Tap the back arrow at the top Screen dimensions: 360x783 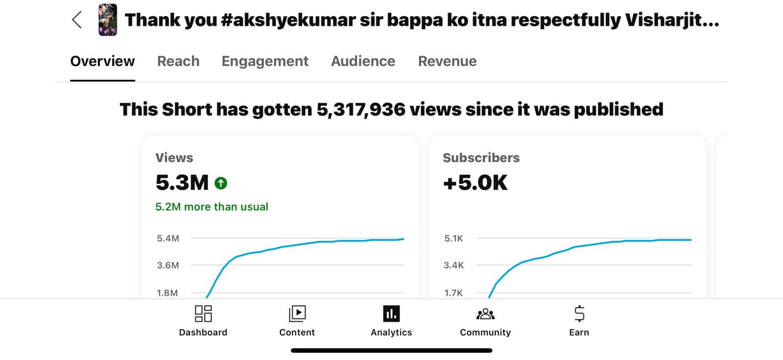[77, 20]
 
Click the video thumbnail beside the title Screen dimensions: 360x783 [108, 20]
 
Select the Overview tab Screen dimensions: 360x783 [102, 61]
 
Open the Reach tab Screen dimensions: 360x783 [178, 61]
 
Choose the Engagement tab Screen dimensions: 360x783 [265, 61]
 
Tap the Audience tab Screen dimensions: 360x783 [363, 61]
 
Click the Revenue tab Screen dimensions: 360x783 [447, 61]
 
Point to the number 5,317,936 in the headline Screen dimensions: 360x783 [361, 110]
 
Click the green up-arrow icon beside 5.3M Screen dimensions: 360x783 [221, 183]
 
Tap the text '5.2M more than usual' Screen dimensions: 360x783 [211, 207]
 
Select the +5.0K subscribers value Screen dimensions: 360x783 [475, 183]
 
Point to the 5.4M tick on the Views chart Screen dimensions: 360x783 [168, 239]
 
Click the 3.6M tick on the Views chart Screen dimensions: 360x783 [168, 266]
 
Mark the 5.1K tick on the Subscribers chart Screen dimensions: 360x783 [453, 239]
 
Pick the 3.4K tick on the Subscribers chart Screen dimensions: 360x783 [453, 266]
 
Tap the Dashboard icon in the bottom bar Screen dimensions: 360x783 [203, 314]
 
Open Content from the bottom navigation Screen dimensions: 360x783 [297, 314]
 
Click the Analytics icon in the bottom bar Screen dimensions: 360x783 [391, 314]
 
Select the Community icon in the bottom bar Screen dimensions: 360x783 [485, 314]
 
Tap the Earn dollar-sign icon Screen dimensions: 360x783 [579, 314]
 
